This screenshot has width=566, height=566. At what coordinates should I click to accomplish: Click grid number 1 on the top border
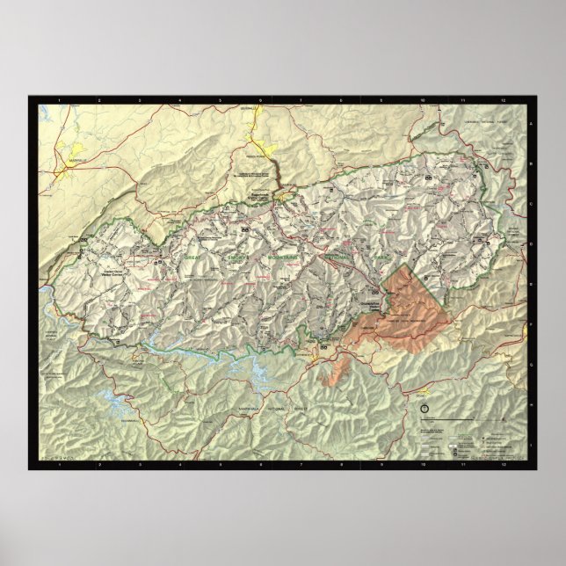59,101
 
